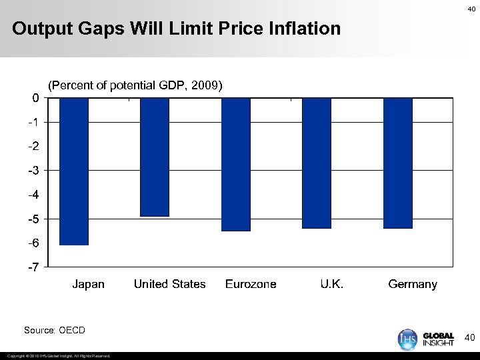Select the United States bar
pos(155,157)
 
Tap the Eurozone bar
pos(236,164)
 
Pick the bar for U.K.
pos(317,163)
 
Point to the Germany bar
pos(398,163)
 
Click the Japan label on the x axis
pos(89,284)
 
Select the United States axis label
pos(169,284)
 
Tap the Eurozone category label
pos(251,284)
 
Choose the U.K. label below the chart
pos(332,284)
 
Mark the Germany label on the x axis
pos(413,284)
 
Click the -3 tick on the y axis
pos(33,171)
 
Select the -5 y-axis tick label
pos(33,219)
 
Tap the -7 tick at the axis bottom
pos(33,267)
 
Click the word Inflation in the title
pos(304,29)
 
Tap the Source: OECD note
pos(55,330)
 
